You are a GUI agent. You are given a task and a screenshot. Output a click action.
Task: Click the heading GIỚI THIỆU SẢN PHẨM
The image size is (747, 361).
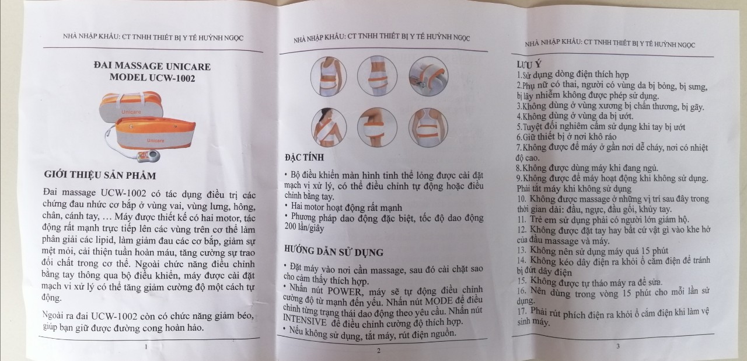(100, 175)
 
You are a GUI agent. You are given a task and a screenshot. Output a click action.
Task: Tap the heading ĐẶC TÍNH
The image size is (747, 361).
(304, 158)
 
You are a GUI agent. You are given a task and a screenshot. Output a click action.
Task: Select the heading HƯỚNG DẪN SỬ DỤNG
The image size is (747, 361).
(334, 251)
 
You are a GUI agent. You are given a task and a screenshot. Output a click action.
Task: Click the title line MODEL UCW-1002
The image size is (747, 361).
(152, 78)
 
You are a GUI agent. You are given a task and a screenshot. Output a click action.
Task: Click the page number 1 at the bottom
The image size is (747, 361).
(146, 347)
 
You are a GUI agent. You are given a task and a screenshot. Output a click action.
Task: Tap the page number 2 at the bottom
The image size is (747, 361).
(379, 350)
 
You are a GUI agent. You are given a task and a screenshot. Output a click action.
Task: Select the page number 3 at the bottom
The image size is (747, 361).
(618, 346)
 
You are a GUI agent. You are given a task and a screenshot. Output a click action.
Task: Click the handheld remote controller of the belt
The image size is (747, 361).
(149, 156)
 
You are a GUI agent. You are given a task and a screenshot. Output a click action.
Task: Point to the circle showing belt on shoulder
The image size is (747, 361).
(329, 128)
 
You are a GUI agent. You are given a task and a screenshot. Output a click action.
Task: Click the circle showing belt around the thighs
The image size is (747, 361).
(377, 76)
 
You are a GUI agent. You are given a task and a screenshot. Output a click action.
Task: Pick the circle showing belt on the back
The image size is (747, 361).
(428, 127)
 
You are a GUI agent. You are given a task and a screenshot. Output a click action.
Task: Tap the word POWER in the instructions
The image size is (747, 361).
(344, 291)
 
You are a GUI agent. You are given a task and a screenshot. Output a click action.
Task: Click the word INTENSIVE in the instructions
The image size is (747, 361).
(305, 320)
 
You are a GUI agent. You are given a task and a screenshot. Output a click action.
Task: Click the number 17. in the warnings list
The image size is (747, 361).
(522, 311)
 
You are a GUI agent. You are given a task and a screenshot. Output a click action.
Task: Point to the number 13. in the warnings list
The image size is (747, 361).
(522, 250)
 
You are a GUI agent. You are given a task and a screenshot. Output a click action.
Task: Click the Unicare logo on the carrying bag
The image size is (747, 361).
(131, 112)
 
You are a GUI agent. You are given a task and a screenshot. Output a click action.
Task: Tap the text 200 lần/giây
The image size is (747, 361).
(304, 228)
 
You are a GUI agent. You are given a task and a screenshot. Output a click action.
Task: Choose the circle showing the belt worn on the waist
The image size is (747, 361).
(329, 77)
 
